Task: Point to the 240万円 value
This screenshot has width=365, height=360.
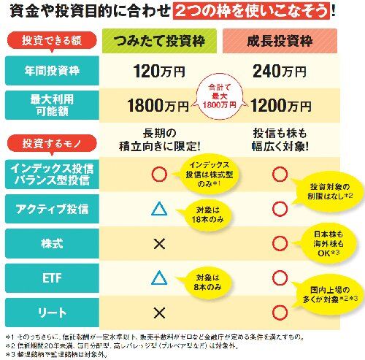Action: tap(281, 72)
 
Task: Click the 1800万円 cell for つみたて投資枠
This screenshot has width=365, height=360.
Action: tap(156, 105)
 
